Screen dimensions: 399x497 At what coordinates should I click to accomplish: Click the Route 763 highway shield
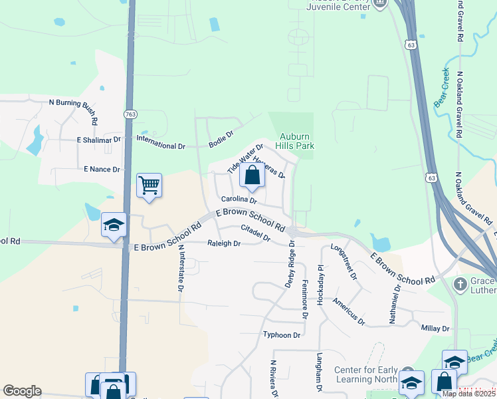(130, 114)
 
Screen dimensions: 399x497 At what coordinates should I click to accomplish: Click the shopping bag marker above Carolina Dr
(252, 176)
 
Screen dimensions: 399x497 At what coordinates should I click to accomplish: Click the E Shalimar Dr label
(98, 140)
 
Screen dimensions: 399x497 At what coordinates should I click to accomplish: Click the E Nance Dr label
(102, 170)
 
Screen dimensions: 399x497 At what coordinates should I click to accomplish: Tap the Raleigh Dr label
(223, 243)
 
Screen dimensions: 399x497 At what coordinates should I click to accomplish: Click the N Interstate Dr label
(180, 269)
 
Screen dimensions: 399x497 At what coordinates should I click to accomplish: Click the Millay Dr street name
(435, 329)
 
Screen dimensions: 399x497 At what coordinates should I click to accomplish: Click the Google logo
(22, 391)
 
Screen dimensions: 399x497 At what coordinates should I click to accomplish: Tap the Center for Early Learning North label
(365, 374)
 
